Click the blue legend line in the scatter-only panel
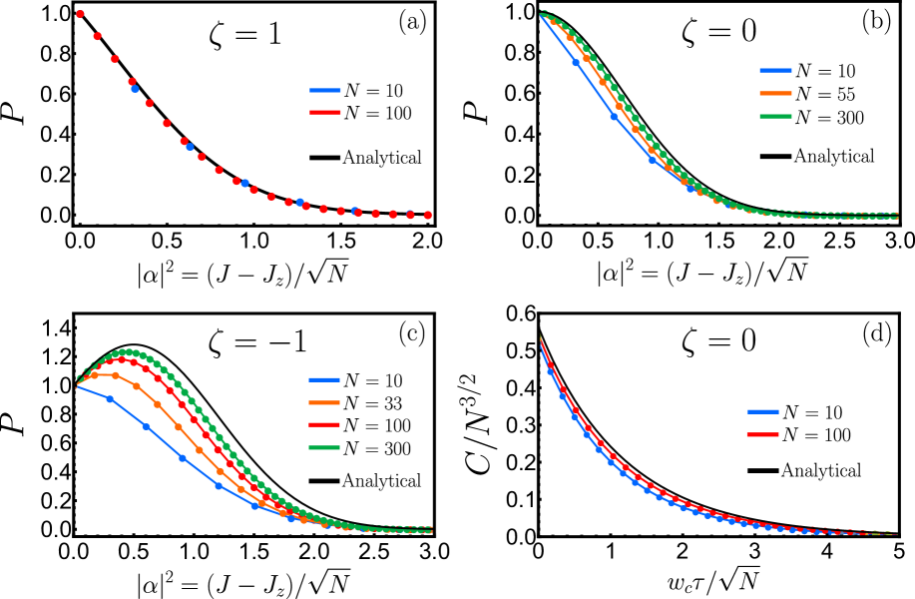click(x=325, y=90)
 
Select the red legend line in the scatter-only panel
click(x=325, y=112)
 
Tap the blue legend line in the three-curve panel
click(x=775, y=71)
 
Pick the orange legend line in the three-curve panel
click(x=775, y=94)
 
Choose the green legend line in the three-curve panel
click(x=775, y=117)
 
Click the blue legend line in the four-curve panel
click(x=324, y=379)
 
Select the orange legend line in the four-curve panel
click(x=324, y=402)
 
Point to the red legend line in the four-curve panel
click(x=324, y=425)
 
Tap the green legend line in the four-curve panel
click(x=324, y=448)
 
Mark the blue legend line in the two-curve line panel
click(x=762, y=411)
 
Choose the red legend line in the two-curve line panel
click(x=762, y=434)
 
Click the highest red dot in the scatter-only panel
click(x=80, y=14)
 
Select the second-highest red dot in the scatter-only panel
click(x=98, y=36)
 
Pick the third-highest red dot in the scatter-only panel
click(x=115, y=59)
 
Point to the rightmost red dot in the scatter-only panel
click(x=428, y=215)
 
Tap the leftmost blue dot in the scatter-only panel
click(x=135, y=89)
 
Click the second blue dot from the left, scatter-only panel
click(x=190, y=147)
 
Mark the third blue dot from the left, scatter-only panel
click(x=244, y=183)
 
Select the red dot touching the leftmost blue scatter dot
click(x=132, y=82)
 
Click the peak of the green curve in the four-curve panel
click(x=127, y=352)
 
